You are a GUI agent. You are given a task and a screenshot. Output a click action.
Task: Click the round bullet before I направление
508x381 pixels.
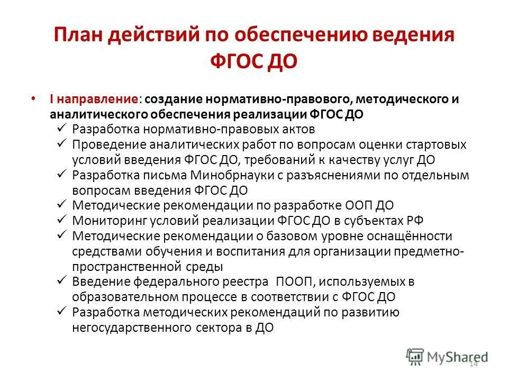(48, 99)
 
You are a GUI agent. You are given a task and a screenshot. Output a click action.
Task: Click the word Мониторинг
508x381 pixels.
(110, 220)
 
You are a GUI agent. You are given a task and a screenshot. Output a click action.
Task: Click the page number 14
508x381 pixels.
(473, 364)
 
